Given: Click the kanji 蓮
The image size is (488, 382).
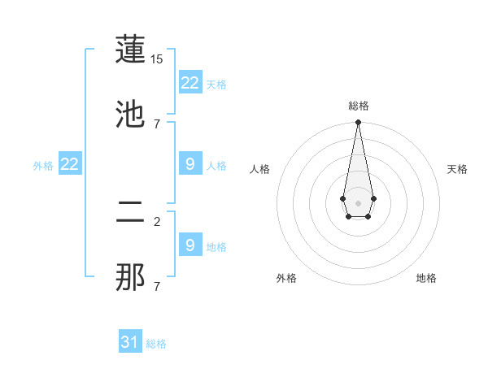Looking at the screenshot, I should coord(130,51).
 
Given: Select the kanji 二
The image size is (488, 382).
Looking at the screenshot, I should coord(130,215).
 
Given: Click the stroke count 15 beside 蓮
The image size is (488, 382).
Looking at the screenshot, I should coord(157,60).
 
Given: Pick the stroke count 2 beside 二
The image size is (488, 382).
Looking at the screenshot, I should coord(157,220).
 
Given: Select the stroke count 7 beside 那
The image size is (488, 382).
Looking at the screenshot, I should coord(157,286).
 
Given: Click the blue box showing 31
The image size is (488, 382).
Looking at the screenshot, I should coord(130,342).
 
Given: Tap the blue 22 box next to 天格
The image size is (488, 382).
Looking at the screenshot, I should coord(190,83).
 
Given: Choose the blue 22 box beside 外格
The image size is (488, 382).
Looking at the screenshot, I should coord(70,164).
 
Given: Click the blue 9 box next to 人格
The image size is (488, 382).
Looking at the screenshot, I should coord(190,164).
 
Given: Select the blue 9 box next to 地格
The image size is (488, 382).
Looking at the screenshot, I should coord(190,245).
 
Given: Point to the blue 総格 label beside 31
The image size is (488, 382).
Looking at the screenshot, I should coord(156,344).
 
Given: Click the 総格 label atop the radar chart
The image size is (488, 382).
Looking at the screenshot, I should coord(358,106).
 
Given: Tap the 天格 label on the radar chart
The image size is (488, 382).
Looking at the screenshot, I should coord(457,169).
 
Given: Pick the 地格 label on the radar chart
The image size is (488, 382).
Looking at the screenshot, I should coord(426,278).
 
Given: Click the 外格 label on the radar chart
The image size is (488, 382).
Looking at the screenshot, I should coord(286,278).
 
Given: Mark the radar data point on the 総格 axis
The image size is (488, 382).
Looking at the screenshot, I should coord(358,123).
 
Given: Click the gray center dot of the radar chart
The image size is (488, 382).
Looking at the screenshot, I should coord(358,202).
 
